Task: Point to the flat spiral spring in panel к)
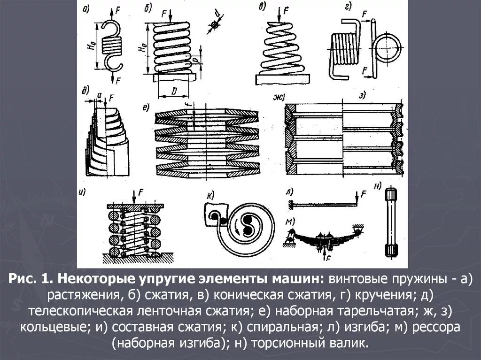tap(244, 225)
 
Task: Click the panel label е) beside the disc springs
tap(146, 108)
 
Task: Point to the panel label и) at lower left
tap(83, 191)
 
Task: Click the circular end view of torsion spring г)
tap(387, 47)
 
